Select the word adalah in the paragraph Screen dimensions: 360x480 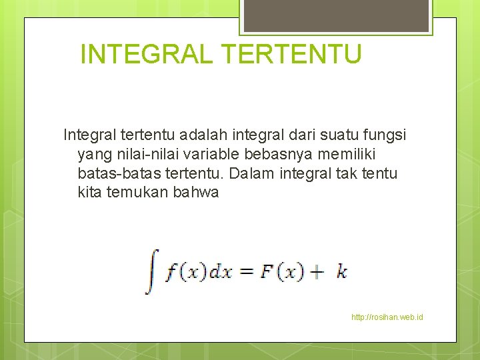pos(205,135)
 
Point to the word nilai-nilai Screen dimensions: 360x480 pos(134,155)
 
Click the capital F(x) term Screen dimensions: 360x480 pos(281,272)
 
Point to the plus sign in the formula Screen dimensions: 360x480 pos(317,272)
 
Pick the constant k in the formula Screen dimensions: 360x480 pos(341,272)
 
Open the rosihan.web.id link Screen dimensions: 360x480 pos(387,317)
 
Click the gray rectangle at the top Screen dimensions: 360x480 pos(336,15)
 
